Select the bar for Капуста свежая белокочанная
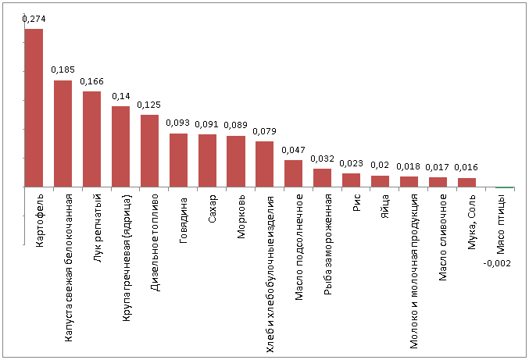[x=63, y=134]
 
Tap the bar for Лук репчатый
[x=91, y=139]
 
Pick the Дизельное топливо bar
[x=149, y=151]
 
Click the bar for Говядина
[x=178, y=160]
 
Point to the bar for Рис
[x=352, y=180]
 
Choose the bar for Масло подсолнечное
[x=293, y=173]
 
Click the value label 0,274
[x=34, y=18]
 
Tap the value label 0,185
[x=63, y=70]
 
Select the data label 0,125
[x=149, y=104]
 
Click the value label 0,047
[x=293, y=149]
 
